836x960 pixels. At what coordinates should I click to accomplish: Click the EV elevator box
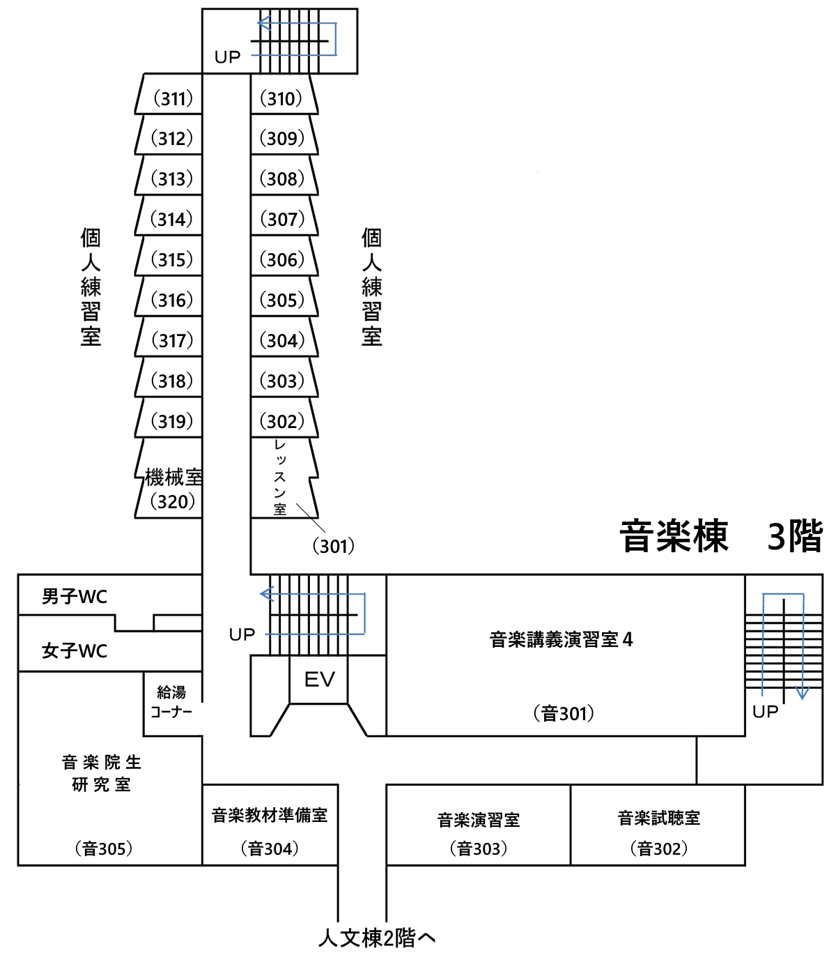(319, 679)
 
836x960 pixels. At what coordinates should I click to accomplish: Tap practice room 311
(171, 98)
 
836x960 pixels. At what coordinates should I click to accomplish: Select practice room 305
(282, 300)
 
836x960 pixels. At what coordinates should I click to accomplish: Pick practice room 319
(171, 421)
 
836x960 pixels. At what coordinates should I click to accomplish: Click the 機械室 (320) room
(171, 488)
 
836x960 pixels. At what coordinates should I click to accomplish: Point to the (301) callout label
(333, 546)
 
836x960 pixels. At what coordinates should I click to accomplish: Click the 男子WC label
(75, 597)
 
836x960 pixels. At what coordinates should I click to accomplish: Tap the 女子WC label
(75, 651)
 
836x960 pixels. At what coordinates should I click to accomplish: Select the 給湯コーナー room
(171, 702)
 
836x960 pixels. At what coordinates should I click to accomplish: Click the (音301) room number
(564, 713)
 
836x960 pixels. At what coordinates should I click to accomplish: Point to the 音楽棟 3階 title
(721, 536)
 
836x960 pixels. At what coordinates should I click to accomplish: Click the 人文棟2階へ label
(377, 938)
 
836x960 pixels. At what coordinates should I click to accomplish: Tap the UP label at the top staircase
(228, 57)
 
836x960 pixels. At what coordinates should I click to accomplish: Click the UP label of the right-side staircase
(765, 712)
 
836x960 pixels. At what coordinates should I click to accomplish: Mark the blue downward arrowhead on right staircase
(802, 693)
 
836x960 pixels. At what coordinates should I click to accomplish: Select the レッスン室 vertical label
(280, 478)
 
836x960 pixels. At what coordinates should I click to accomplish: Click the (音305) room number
(103, 848)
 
